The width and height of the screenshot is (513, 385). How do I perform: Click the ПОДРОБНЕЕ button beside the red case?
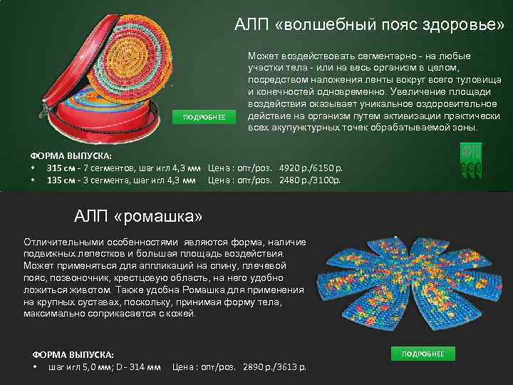tap(204, 117)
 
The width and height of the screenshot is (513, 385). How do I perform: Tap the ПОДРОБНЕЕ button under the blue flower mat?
tap(423, 354)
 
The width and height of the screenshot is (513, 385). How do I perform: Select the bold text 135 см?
tap(59, 180)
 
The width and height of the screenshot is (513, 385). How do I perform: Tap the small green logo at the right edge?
tap(471, 162)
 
